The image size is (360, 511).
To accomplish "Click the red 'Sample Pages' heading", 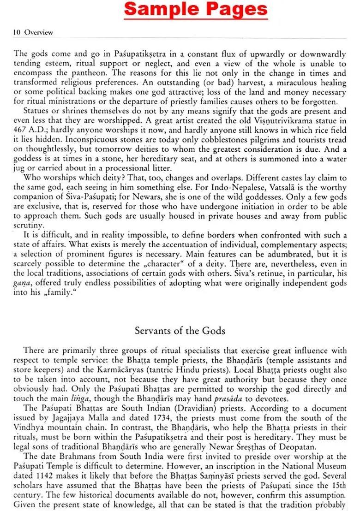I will (x=196, y=9).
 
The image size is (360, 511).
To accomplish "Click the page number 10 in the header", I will (x=18, y=32).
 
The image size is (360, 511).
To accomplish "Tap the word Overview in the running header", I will (x=39, y=32).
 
